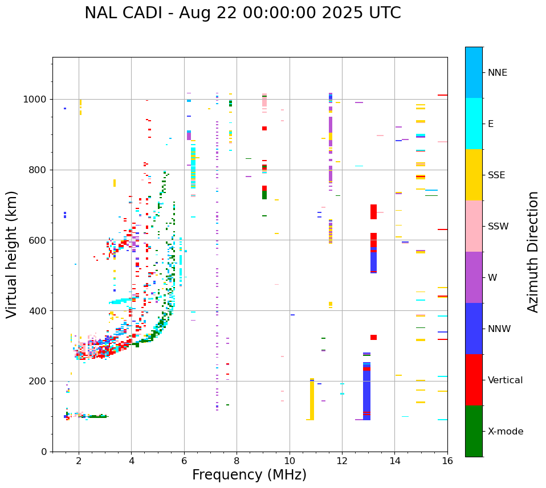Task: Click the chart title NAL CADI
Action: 242,13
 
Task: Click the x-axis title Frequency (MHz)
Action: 249,475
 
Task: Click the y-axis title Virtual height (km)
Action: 12,254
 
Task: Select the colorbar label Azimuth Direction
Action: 533,251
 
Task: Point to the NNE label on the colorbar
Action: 497,73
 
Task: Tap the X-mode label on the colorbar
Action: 505,432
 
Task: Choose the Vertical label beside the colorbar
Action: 505,380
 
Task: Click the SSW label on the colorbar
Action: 498,227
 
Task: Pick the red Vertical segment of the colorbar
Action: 474,380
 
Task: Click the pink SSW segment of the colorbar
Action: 474,226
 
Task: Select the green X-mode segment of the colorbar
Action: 474,431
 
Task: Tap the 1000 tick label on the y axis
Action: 36,100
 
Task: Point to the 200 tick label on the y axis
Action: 39,382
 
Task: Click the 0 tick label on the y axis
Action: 44,452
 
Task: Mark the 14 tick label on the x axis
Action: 394,461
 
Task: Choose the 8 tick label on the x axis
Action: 237,461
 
